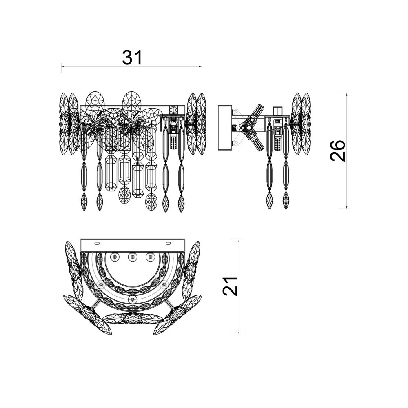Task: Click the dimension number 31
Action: coord(133,58)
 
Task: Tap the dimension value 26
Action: coord(338,151)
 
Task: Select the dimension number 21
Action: coord(230,286)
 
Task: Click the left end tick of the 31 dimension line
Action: coord(62,68)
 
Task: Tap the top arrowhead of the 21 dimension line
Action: coord(239,241)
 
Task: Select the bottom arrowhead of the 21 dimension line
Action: coord(239,332)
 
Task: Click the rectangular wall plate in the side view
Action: coord(225,127)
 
